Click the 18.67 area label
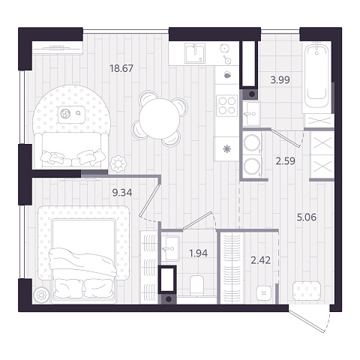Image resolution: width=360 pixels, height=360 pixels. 121,68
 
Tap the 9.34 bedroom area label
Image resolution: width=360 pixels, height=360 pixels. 122,193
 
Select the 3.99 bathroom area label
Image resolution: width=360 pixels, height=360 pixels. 280,80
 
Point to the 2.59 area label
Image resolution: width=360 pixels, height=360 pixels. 285,161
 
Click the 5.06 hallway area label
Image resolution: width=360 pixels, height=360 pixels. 307,217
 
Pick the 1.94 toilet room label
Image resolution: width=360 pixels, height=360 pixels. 199,253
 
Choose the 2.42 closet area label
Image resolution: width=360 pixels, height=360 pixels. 261,260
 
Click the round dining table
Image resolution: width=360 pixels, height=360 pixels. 160,118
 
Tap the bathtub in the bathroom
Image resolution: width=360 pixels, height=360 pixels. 316,77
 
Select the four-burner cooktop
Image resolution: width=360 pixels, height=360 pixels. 227,106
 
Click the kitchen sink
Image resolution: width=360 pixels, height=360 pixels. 195,52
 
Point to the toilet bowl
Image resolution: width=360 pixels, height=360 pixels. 196,285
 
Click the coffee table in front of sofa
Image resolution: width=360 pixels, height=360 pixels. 72,115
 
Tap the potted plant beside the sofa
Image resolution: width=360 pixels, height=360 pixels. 118,164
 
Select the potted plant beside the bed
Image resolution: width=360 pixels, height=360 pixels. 41,295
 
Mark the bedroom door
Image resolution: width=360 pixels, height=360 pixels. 149,200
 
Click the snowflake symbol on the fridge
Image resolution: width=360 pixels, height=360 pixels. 226,149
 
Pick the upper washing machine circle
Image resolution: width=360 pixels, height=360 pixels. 252,143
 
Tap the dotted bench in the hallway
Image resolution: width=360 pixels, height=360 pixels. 307,290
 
